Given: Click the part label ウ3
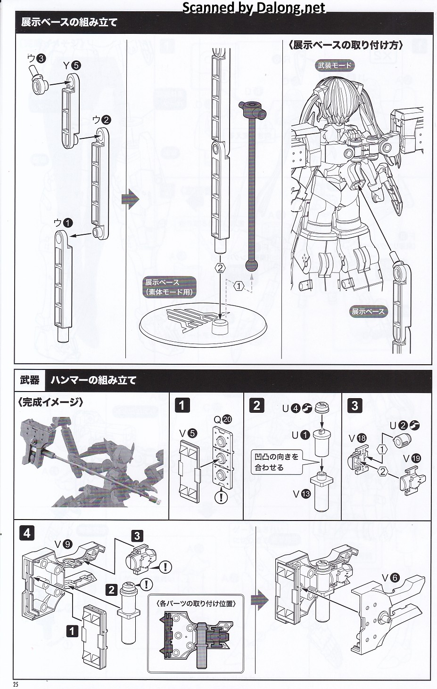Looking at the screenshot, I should (36, 58).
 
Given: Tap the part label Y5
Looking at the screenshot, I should (72, 66).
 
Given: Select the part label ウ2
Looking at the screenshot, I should (101, 120).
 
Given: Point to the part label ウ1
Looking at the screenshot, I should (63, 222).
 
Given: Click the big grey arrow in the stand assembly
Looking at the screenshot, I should (131, 200).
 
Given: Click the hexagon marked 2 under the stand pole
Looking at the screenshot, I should (220, 268).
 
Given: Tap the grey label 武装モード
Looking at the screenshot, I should (335, 65).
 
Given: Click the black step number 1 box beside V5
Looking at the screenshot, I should (182, 405).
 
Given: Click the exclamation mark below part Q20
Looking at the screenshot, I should (221, 496).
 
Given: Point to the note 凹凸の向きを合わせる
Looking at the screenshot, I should (276, 462).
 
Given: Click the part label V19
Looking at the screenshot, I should (412, 458).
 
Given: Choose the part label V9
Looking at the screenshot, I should (63, 544).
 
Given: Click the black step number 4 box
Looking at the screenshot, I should (27, 533).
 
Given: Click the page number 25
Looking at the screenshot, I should (16, 684).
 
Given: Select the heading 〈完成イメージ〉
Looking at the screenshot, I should (50, 402).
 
